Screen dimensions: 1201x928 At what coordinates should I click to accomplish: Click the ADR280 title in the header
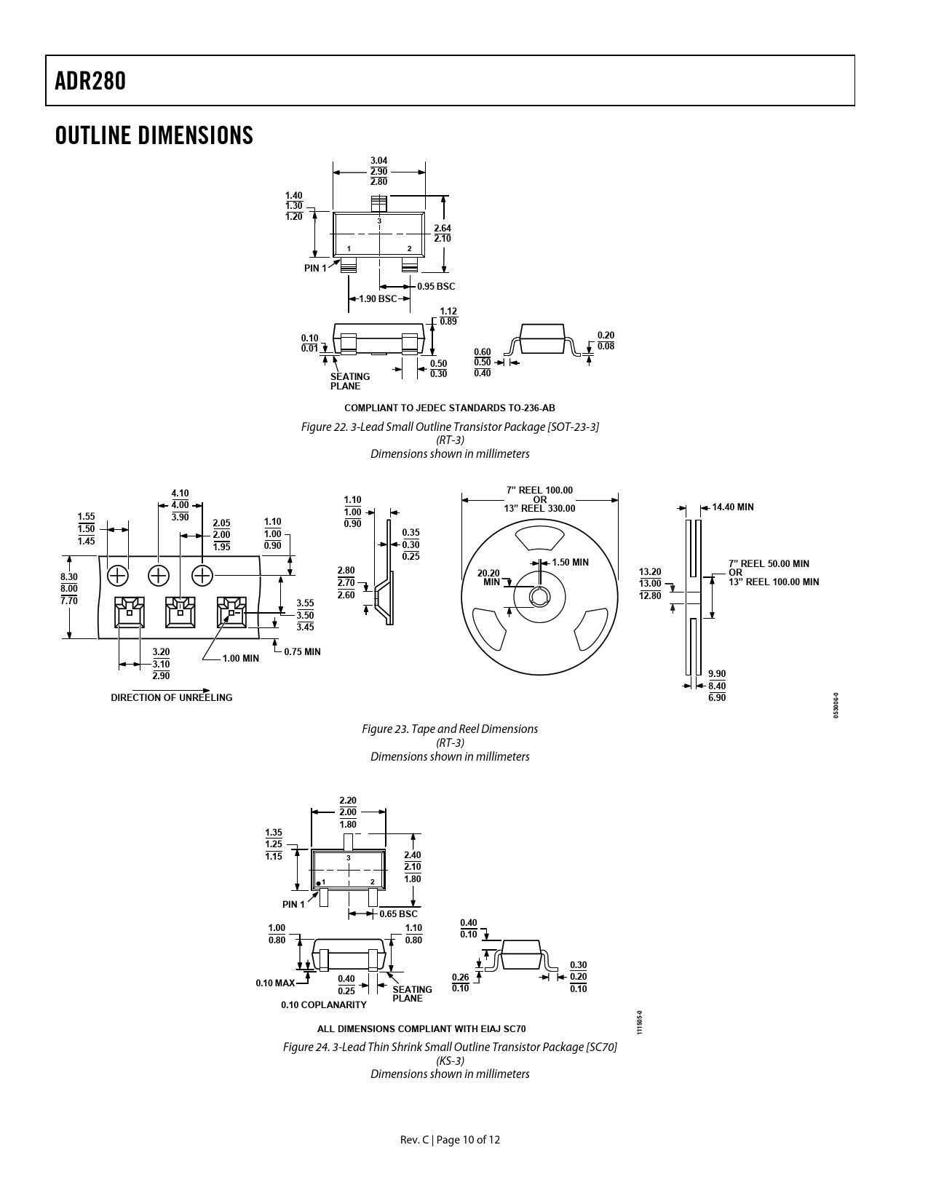click(x=90, y=81)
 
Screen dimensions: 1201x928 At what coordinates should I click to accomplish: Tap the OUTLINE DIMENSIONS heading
click(x=154, y=135)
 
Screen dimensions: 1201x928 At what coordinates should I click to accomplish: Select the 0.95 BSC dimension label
click(x=435, y=287)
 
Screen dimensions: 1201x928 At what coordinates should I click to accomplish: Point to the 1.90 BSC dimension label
click(x=378, y=299)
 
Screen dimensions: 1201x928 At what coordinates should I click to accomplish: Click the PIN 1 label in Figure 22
click(x=315, y=269)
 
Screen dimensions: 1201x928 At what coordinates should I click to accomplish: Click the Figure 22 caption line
click(x=450, y=427)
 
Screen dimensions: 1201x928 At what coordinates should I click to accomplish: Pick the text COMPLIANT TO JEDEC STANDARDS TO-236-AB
click(x=450, y=408)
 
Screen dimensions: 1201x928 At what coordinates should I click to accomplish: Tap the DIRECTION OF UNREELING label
click(x=172, y=697)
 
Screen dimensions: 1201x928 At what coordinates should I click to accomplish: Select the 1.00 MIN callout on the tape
click(x=240, y=659)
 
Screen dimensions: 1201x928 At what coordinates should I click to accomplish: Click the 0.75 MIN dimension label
click(x=302, y=651)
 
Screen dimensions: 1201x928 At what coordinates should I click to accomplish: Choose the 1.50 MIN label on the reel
click(x=570, y=563)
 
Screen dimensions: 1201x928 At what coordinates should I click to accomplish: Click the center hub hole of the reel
click(x=539, y=598)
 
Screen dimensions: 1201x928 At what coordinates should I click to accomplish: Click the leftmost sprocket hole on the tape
click(x=117, y=576)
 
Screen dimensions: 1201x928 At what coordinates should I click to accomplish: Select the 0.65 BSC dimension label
click(x=398, y=913)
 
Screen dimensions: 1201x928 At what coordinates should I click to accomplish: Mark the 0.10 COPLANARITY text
click(x=324, y=1004)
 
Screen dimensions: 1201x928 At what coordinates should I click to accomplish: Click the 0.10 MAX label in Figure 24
click(x=275, y=983)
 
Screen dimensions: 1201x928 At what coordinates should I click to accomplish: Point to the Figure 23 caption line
click(x=450, y=729)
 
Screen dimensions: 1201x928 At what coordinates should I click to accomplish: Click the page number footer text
click(x=450, y=1140)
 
